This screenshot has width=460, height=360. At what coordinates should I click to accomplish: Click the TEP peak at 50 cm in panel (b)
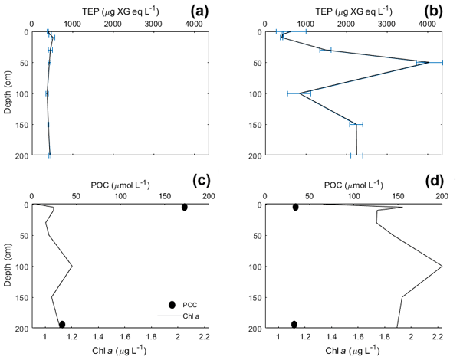tap(429, 62)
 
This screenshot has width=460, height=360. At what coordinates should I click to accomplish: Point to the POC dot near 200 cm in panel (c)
tap(62, 324)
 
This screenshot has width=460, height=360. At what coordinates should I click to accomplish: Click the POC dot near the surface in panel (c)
tap(184, 208)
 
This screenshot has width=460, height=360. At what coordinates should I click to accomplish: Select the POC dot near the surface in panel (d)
tap(296, 208)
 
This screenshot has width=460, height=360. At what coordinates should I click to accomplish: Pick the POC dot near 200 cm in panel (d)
tap(294, 324)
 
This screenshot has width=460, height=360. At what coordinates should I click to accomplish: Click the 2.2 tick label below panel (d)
tap(439, 336)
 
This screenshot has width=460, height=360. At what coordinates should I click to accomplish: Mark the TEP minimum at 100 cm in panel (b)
tap(300, 93)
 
